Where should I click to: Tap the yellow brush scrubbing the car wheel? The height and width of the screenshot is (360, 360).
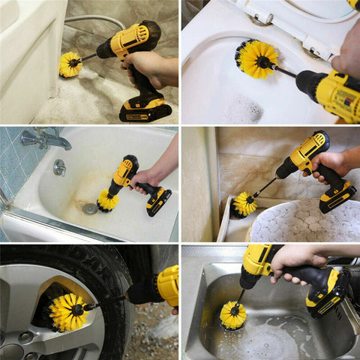[69, 311]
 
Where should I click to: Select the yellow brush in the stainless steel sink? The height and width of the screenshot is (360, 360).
[232, 315]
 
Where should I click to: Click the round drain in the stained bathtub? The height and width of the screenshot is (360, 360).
[90, 209]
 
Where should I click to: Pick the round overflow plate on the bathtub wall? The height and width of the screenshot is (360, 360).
[59, 168]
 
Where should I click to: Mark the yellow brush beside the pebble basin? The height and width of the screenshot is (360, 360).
[244, 203]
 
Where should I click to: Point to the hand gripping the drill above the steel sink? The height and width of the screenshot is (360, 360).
[296, 259]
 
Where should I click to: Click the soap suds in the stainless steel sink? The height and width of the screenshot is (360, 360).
[266, 341]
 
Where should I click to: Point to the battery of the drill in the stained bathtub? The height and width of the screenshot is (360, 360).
[158, 201]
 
